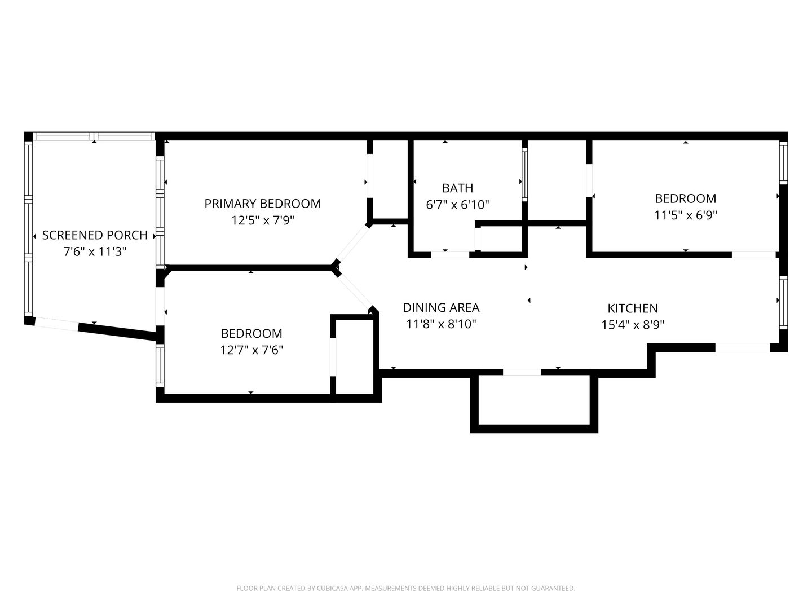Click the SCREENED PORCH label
(x=95, y=235)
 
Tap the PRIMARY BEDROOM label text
(x=263, y=204)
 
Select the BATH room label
(x=458, y=188)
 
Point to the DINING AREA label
(x=441, y=308)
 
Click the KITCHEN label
(x=633, y=308)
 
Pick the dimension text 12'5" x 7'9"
(x=263, y=220)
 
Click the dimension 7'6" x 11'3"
(x=95, y=252)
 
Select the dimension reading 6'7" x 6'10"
(x=458, y=205)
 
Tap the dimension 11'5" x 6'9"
(x=686, y=215)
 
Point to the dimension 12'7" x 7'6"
(x=251, y=350)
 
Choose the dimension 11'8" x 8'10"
(x=441, y=324)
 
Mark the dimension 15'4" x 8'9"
(x=633, y=325)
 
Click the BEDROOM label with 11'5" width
(x=686, y=198)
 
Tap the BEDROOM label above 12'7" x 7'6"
(x=251, y=333)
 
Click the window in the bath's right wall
(x=524, y=175)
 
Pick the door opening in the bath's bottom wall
(x=450, y=255)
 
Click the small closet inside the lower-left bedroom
(x=355, y=357)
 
